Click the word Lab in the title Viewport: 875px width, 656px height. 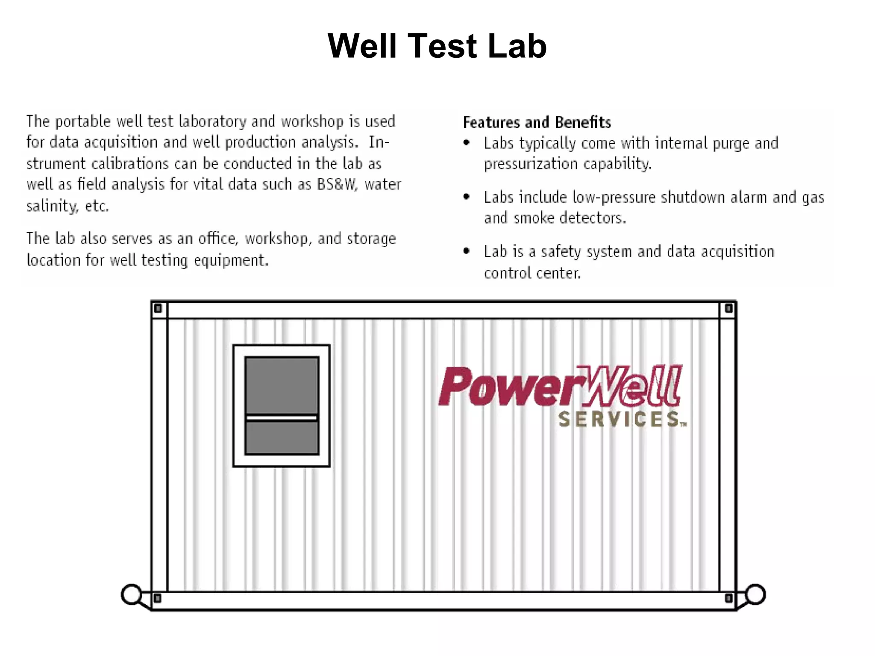tap(517, 46)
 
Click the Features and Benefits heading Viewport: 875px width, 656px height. tap(537, 122)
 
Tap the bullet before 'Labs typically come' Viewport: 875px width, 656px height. tap(467, 143)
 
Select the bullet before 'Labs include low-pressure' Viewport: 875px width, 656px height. tap(467, 197)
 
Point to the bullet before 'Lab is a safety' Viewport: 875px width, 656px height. tap(467, 251)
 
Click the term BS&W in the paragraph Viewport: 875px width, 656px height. tap(336, 184)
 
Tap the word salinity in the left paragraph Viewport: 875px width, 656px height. tap(52, 206)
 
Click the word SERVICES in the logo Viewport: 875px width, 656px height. tap(619, 420)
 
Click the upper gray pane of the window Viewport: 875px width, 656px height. tap(282, 385)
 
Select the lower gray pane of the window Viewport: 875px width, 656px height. tap(282, 437)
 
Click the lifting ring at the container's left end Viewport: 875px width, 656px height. tap(132, 594)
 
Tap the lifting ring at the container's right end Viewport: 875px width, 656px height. tap(755, 594)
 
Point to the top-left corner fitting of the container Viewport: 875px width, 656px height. tap(158, 308)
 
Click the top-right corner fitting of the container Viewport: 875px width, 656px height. tap(728, 308)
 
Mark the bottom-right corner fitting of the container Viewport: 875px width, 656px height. tap(728, 598)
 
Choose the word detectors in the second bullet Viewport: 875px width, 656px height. tap(592, 218)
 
